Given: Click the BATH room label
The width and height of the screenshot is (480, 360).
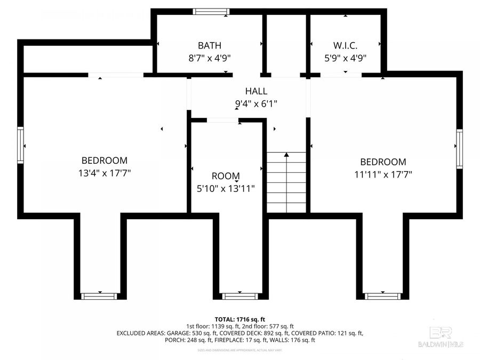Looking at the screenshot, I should pyautogui.click(x=209, y=46).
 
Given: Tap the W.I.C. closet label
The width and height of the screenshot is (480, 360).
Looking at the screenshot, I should pyautogui.click(x=345, y=46).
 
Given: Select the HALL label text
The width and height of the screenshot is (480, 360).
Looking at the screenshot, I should pyautogui.click(x=256, y=92).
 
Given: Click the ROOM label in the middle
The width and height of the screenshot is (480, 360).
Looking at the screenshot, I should pyautogui.click(x=226, y=176).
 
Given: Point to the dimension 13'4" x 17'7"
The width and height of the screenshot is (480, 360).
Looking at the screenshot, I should pyautogui.click(x=105, y=173).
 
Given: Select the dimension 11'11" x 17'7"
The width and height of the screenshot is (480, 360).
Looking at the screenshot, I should pyautogui.click(x=383, y=174).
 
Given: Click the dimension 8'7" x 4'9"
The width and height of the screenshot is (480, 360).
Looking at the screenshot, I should pyautogui.click(x=209, y=58).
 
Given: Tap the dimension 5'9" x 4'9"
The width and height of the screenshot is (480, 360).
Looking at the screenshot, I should pyautogui.click(x=345, y=58).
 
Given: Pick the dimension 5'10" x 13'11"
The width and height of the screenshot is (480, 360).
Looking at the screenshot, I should pyautogui.click(x=226, y=188).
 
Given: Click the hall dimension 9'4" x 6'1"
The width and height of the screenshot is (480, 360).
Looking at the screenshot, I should pyautogui.click(x=256, y=105).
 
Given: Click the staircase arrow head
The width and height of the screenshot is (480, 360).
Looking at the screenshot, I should pyautogui.click(x=286, y=155).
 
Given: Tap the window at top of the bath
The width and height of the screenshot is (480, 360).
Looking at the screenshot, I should pyautogui.click(x=209, y=11).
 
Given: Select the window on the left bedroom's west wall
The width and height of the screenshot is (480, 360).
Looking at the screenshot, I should pyautogui.click(x=21, y=145).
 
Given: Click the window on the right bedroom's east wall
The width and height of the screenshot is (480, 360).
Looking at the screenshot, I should pyautogui.click(x=459, y=149).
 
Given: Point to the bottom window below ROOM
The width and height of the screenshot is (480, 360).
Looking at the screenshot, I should pyautogui.click(x=236, y=296).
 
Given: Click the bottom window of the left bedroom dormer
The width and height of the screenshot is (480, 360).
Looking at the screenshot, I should pyautogui.click(x=99, y=296).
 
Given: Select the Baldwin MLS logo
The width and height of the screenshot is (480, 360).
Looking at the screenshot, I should pyautogui.click(x=441, y=337).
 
